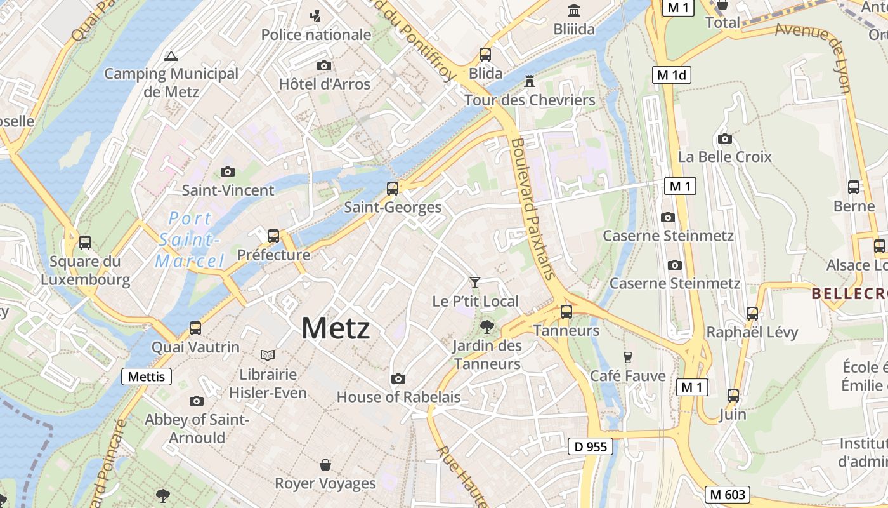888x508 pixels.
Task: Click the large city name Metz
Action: [336, 328]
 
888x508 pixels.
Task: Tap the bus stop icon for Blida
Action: [485, 55]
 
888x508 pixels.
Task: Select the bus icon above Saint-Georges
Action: [393, 188]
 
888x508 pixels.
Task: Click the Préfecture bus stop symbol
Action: [273, 236]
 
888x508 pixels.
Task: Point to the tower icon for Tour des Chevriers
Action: [530, 81]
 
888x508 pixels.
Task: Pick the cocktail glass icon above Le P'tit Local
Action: [474, 282]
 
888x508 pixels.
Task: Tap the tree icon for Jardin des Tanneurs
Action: [487, 327]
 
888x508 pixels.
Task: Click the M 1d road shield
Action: [672, 75]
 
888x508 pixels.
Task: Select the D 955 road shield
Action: [590, 446]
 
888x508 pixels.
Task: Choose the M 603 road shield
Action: [728, 494]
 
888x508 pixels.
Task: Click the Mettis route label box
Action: [147, 377]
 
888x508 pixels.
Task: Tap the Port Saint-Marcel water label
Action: [190, 240]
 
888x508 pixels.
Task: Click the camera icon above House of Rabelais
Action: [398, 378]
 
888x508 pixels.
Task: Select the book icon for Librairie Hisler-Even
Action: [268, 355]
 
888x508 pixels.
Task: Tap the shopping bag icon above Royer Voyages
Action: [325, 465]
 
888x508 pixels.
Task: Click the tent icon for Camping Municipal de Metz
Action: [171, 56]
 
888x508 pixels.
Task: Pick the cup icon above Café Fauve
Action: [628, 357]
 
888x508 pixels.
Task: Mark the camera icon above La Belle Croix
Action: [724, 138]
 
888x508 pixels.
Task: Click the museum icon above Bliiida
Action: [574, 10]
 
